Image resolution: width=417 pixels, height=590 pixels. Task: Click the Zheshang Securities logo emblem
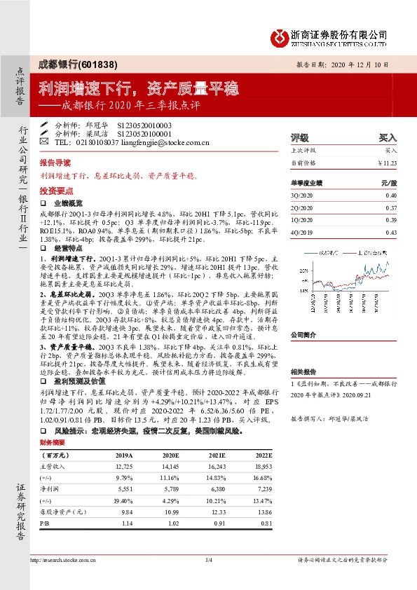click(x=280, y=36)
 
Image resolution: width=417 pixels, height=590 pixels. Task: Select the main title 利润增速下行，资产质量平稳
click(x=139, y=89)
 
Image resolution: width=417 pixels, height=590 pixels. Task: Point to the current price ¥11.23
click(x=387, y=163)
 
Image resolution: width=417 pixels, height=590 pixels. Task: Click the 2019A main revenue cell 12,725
click(x=123, y=467)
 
